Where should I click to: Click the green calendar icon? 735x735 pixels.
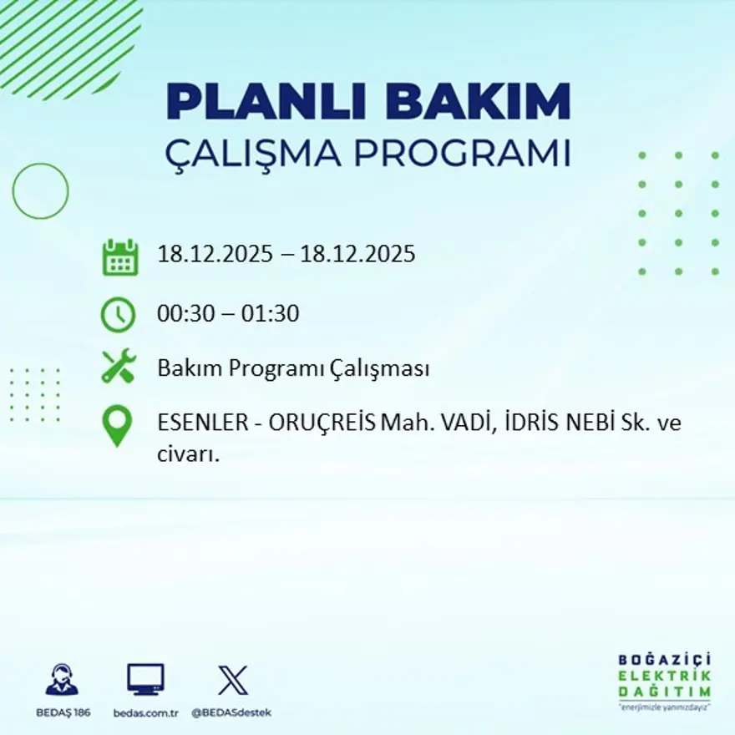pyautogui.click(x=119, y=257)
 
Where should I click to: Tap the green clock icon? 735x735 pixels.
pyautogui.click(x=119, y=315)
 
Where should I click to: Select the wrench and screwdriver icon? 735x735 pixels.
pyautogui.click(x=119, y=367)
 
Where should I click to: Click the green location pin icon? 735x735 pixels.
pyautogui.click(x=118, y=425)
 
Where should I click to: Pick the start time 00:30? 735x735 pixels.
pyautogui.click(x=184, y=315)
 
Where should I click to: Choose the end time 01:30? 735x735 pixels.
pyautogui.click(x=271, y=315)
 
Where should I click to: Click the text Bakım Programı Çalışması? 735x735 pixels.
pyautogui.click(x=293, y=368)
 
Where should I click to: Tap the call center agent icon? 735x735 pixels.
pyautogui.click(x=62, y=680)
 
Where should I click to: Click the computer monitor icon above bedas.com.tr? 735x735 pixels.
pyautogui.click(x=145, y=680)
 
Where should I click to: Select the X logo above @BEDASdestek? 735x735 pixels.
pyautogui.click(x=232, y=680)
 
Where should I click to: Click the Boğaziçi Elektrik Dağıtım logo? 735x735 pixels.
pyautogui.click(x=665, y=680)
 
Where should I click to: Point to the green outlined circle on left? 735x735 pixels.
pyautogui.click(x=40, y=191)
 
